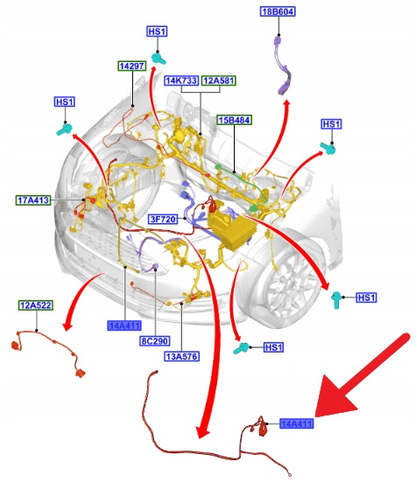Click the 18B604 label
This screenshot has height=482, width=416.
coord(278,11)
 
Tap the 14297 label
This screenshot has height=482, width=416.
coord(132,66)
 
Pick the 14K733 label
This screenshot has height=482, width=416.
coord(181,80)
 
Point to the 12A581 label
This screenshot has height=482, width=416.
coord(219,80)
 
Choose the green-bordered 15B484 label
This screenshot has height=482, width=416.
coord(235,120)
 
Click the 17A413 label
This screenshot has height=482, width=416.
coord(33,200)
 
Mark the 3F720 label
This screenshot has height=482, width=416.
coord(163,220)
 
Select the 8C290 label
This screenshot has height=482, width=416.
coord(154,341)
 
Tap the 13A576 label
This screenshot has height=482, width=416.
coord(182,357)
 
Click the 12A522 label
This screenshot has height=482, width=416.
coord(36,305)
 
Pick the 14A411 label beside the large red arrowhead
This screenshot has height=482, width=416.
coord(297,424)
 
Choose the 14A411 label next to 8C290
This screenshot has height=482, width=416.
coord(124,325)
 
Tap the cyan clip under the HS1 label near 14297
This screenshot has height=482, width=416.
coord(159,58)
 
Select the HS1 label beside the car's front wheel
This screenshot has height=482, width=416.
coord(366,297)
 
